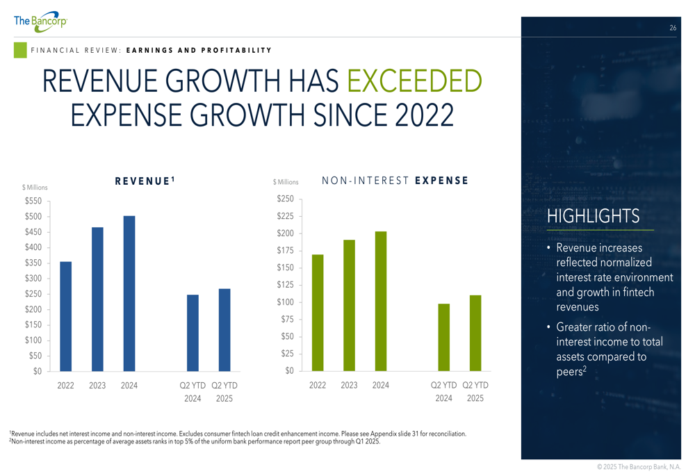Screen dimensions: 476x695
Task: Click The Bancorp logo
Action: point(40,21)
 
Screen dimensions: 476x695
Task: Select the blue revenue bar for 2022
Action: point(66,316)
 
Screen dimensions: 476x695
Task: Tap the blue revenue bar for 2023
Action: point(97,299)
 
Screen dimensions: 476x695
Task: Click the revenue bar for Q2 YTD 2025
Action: point(224,329)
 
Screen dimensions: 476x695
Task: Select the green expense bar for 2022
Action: point(318,312)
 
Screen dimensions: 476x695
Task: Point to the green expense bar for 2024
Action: point(381,301)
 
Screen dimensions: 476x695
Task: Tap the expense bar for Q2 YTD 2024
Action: point(443,337)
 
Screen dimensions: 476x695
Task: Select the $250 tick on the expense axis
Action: point(286,199)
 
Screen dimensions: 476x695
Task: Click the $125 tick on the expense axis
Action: point(286,285)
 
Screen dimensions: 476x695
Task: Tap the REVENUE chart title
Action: point(144,181)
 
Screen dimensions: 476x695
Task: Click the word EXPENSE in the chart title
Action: point(441,181)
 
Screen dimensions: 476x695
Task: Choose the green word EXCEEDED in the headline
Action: point(414,82)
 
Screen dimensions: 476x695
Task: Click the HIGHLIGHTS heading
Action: point(593,216)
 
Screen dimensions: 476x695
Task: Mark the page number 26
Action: point(673,28)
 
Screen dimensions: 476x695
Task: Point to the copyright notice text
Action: point(639,466)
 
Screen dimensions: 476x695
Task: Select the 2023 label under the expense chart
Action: point(349,385)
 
